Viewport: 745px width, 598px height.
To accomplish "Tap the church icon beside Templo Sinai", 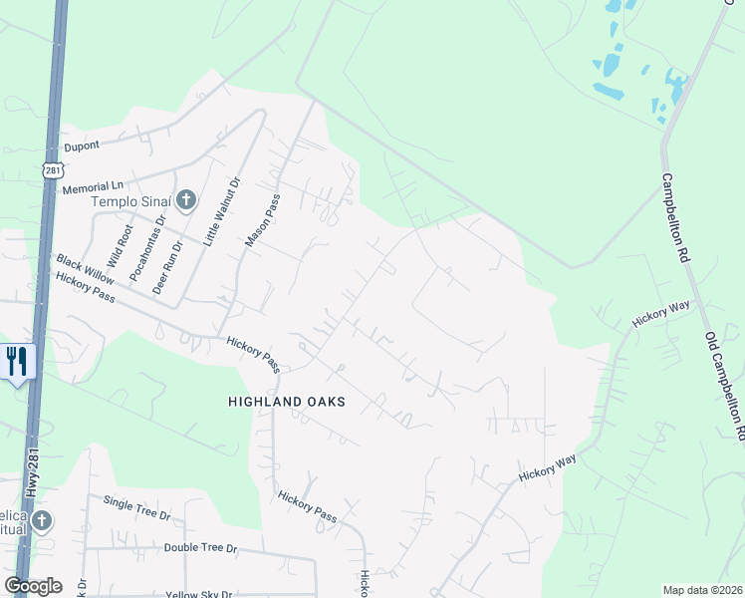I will pos(184,201).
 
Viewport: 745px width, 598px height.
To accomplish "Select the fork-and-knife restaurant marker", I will pos(16,361).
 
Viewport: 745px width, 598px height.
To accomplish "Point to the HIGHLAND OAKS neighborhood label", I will pos(286,402).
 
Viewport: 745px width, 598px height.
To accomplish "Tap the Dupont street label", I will pos(83,146).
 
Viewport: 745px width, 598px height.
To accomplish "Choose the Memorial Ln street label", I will pos(92,186).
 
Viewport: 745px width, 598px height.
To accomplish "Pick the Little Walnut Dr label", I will pos(223,210).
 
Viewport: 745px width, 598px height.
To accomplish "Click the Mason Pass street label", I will pos(263,220).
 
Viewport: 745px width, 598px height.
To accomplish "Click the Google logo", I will pos(34,586).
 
